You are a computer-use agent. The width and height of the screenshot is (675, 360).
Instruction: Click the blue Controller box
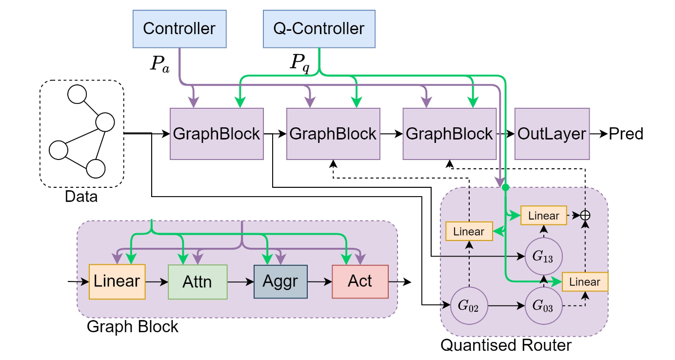[179, 28]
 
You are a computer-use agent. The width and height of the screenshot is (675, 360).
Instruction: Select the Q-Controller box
[318, 28]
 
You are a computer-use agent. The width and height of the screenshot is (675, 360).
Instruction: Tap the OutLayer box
[552, 134]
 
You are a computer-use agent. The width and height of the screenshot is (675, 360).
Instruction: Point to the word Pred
[626, 134]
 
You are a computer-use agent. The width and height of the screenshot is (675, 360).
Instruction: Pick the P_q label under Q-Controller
[299, 63]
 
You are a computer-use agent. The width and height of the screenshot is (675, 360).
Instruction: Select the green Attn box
[198, 281]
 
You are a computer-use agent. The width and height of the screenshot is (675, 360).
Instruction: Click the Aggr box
[280, 281]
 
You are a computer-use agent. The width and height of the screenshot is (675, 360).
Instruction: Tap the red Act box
[360, 281]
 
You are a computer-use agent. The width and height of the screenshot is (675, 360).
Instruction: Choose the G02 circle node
[469, 306]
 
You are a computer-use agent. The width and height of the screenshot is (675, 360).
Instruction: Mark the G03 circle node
[544, 306]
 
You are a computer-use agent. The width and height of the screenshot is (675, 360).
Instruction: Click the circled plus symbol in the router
[585, 215]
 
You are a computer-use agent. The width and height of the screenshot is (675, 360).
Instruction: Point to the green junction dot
[506, 187]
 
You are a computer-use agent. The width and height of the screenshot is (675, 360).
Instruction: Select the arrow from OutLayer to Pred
[598, 134]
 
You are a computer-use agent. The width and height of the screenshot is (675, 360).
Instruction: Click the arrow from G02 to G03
[506, 306]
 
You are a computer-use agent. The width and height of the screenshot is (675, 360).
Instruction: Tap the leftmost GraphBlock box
[217, 134]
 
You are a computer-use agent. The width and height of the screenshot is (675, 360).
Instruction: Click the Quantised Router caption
[506, 345]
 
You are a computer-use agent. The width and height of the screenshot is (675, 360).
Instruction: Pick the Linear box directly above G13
[543, 215]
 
